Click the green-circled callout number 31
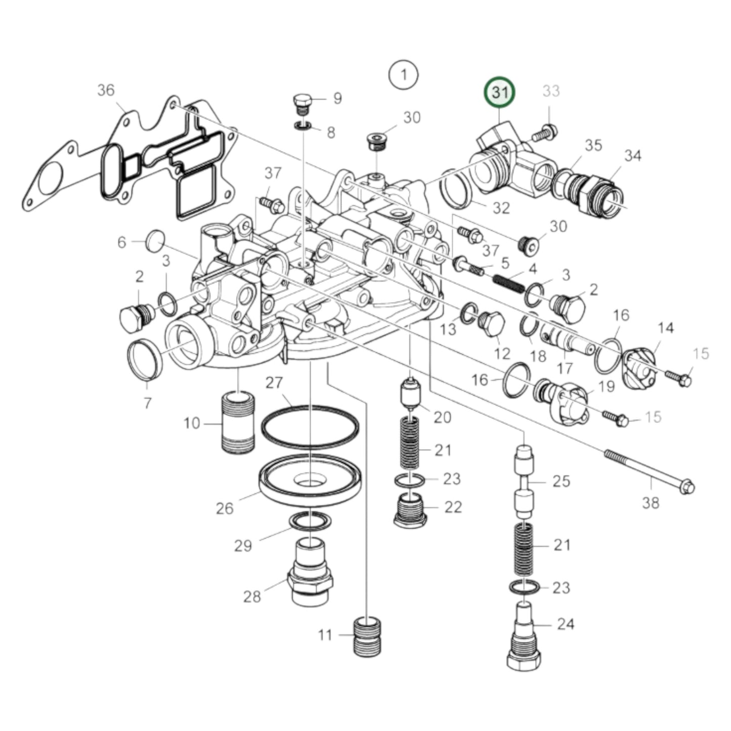[499, 93]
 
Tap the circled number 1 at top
[403, 75]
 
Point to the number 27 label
[274, 382]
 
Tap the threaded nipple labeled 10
[238, 422]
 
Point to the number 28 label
[252, 596]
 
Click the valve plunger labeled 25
[525, 481]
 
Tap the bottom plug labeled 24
[524, 637]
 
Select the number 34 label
[632, 156]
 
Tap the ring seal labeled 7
[145, 360]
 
